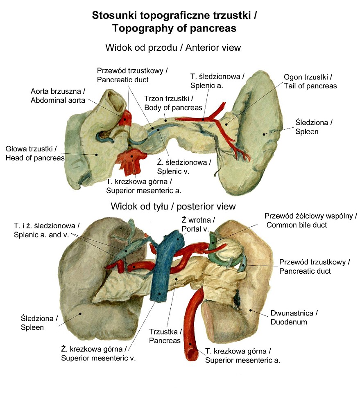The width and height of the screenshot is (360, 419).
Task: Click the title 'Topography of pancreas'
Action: pos(174,28)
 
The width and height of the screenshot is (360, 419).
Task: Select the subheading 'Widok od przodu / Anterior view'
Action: pos(173,47)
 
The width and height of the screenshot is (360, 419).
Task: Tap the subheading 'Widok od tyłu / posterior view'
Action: pos(173,206)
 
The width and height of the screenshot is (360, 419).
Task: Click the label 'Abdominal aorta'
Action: pos(58,100)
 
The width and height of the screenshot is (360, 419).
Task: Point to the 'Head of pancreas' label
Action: pos(35,158)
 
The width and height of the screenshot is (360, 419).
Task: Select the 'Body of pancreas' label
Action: pos(173,108)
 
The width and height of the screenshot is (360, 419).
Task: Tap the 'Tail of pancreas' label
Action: pos(310,86)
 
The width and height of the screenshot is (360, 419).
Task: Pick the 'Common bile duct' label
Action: pos(297,225)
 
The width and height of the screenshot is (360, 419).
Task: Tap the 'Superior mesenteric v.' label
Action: pos(98,358)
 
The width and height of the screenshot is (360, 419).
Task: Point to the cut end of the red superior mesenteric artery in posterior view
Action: pos(189,350)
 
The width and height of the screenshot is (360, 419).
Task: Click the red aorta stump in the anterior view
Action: pos(125,118)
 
